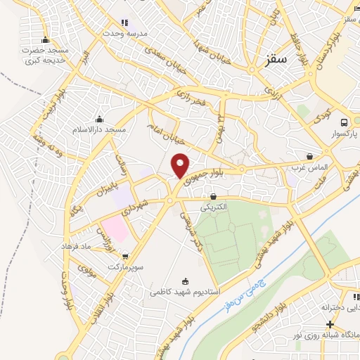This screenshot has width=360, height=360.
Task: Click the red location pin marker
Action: pyautogui.click(x=181, y=165)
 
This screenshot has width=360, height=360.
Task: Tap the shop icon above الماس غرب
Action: pyautogui.click(x=310, y=156)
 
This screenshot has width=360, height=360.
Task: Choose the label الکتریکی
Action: pyautogui.click(x=212, y=207)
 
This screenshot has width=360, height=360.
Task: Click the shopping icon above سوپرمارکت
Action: pyautogui.click(x=125, y=256)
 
